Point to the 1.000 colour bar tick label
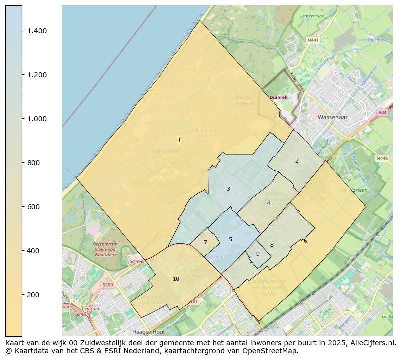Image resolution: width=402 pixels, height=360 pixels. [37, 119]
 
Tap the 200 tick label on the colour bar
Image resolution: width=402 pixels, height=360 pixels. [33, 295]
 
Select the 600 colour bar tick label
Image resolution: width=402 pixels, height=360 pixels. [33, 207]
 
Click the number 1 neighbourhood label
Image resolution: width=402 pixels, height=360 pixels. [179, 140]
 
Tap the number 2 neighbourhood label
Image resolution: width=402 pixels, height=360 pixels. [297, 161]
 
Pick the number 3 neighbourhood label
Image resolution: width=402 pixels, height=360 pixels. [228, 189]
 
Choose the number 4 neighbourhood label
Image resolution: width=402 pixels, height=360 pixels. [268, 203]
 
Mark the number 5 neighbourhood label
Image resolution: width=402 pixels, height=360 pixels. [230, 239]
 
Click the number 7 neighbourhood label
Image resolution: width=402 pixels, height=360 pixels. [205, 242]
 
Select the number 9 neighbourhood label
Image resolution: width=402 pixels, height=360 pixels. [258, 254]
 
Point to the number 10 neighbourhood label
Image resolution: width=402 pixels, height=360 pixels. [176, 279]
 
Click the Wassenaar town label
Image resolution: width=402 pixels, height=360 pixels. [331, 117]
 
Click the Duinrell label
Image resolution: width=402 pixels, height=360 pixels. [279, 97]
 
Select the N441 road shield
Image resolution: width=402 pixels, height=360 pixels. [313, 40]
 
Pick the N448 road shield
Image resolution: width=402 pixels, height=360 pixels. [382, 158]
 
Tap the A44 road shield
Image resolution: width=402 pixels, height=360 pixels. [382, 113]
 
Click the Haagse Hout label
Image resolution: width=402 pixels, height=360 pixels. [148, 332]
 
